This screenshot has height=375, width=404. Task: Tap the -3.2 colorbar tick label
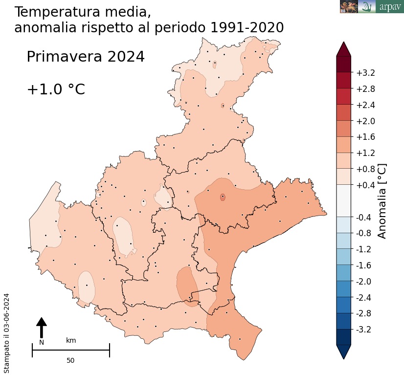coord(364,330)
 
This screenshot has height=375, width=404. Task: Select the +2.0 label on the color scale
coord(365,121)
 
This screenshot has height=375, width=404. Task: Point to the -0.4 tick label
coord(364,218)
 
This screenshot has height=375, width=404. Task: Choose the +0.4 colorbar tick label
coord(365,185)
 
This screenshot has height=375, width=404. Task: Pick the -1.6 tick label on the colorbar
coord(364,265)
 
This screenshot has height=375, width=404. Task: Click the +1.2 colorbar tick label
coord(365,154)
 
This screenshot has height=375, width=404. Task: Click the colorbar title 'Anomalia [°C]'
coord(382,201)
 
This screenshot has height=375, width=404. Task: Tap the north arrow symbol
coord(42,327)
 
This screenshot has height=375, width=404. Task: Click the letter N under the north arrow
coord(42,342)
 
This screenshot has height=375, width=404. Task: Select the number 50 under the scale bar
coord(70,360)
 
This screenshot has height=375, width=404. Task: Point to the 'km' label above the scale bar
coord(71,340)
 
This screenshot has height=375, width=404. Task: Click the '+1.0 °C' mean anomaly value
coord(56,89)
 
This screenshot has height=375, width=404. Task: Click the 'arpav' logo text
coord(390,7)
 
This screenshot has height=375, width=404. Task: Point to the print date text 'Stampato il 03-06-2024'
coord(7,333)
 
